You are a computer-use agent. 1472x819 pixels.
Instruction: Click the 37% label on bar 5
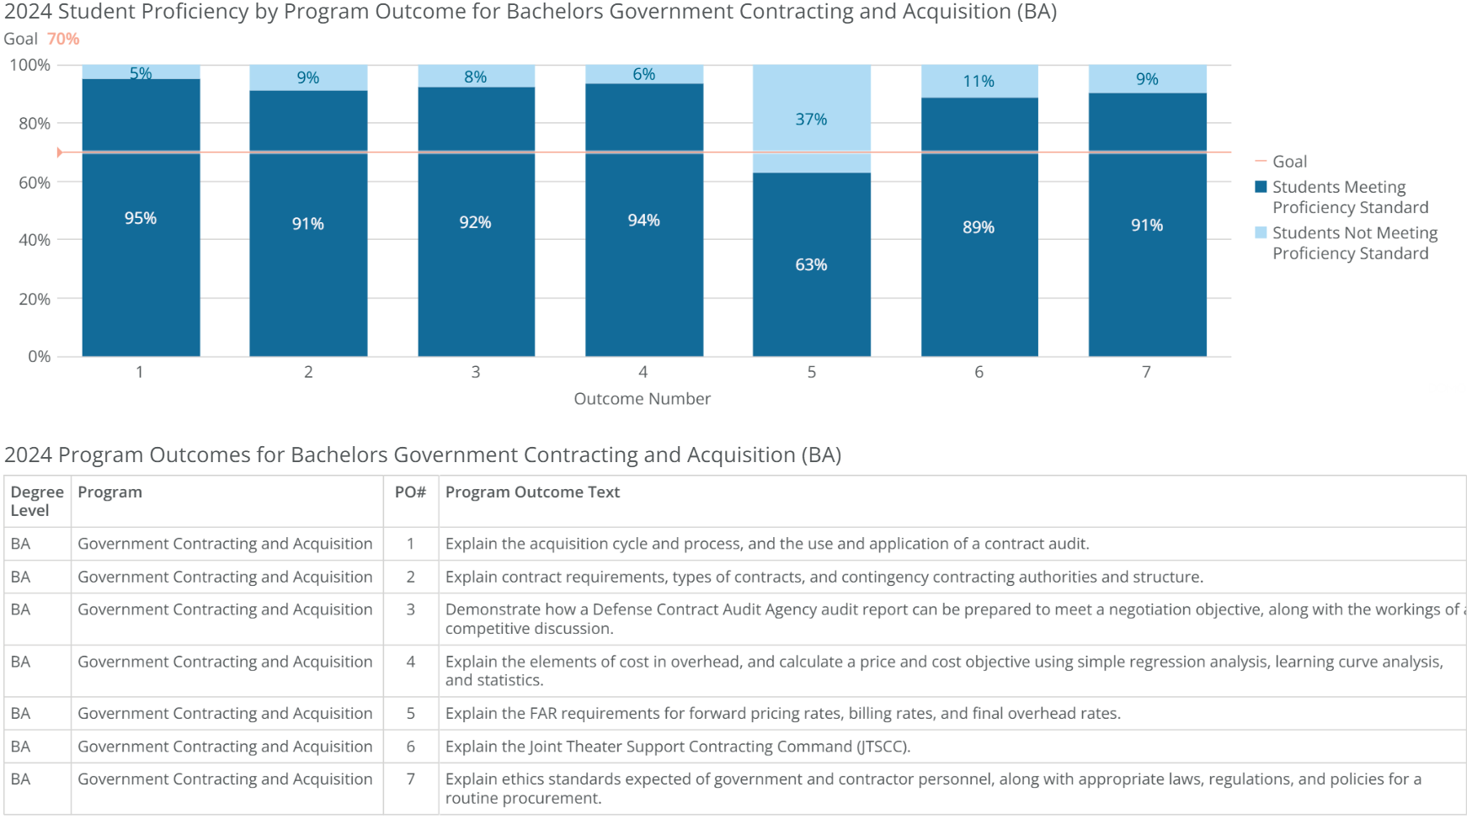[811, 120]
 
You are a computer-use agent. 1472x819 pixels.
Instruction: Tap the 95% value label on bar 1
[141, 218]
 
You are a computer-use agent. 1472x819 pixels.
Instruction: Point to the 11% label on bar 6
[979, 82]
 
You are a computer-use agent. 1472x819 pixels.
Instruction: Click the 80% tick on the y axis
[35, 124]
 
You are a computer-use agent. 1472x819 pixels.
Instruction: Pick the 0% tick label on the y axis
[39, 357]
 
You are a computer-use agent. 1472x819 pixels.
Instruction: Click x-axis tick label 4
[643, 372]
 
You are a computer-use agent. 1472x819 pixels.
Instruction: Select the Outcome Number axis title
[642, 399]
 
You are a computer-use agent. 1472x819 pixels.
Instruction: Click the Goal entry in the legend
[1289, 162]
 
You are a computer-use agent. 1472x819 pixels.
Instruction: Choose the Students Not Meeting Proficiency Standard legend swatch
[1261, 233]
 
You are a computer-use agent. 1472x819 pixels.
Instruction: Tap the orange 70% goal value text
[63, 39]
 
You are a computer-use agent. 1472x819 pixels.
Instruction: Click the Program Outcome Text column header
[532, 492]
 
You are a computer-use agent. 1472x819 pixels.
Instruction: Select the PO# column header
[410, 492]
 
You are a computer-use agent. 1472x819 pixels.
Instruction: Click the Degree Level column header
[36, 501]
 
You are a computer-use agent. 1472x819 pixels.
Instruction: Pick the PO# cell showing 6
[411, 747]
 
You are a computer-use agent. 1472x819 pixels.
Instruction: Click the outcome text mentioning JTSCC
[677, 747]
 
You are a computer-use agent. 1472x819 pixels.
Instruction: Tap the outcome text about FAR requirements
[782, 714]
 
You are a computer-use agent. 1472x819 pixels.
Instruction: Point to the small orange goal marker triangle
[60, 152]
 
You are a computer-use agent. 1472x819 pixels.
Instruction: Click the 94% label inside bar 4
[643, 221]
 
